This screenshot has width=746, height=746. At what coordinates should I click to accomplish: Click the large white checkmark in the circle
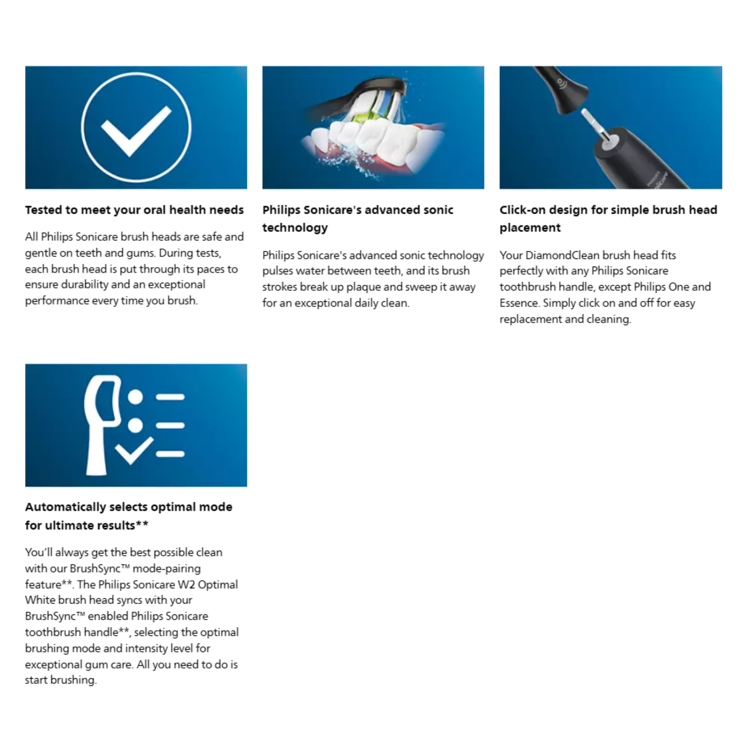click(x=136, y=130)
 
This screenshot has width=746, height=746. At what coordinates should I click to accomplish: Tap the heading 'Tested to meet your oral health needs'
click(x=134, y=210)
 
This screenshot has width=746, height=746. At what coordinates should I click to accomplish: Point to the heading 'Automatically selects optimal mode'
click(x=129, y=507)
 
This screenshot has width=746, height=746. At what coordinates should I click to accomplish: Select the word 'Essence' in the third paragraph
click(x=519, y=303)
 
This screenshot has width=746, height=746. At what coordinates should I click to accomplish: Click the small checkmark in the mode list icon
click(x=134, y=451)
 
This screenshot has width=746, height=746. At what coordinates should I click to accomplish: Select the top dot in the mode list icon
click(x=135, y=397)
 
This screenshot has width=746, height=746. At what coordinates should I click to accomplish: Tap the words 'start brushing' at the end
click(x=60, y=680)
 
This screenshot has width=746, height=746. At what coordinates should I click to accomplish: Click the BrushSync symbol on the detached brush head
click(x=561, y=83)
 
